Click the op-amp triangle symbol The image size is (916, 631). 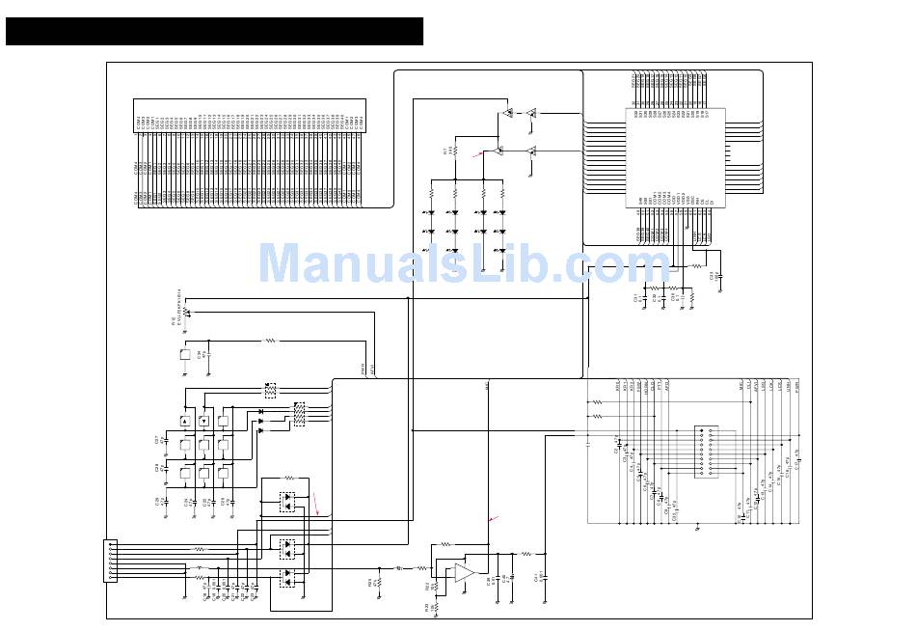click(x=464, y=571)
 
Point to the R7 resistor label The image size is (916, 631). click(x=445, y=151)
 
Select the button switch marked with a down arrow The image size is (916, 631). click(x=204, y=422)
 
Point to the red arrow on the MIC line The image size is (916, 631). click(x=494, y=520)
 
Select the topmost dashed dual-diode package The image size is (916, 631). click(x=288, y=503)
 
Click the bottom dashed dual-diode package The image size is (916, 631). click(x=288, y=577)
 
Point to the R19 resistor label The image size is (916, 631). click(x=371, y=582)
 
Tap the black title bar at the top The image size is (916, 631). click(x=214, y=31)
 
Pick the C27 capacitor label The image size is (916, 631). click(x=157, y=440)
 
